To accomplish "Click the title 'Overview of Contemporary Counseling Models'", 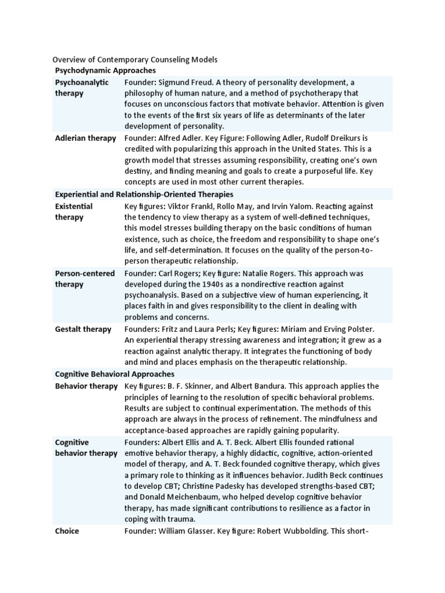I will click(x=135, y=59).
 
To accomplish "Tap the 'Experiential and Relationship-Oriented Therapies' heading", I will click(x=144, y=194).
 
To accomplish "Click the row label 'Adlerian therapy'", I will click(x=85, y=138).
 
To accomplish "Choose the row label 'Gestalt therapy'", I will click(x=83, y=329).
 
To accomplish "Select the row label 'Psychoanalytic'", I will click(x=82, y=82).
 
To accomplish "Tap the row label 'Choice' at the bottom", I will click(x=67, y=530).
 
